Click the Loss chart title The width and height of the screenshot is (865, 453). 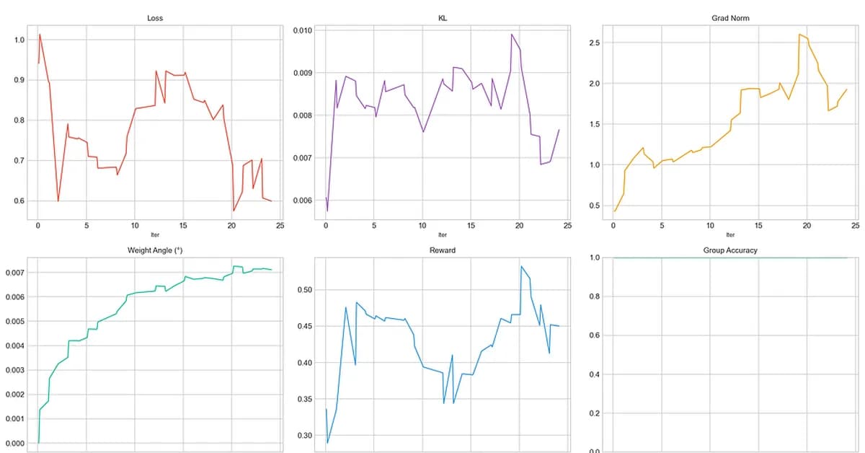pos(154,18)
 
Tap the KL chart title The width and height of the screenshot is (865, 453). pos(442,18)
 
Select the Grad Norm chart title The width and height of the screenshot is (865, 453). pos(730,18)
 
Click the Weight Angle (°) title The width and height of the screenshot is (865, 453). pos(154,250)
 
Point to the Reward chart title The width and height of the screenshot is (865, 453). pos(442,250)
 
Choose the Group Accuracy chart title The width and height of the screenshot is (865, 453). pos(730,250)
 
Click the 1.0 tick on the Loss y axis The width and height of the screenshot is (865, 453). pos(19,40)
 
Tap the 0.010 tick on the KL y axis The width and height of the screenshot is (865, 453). pos(303,30)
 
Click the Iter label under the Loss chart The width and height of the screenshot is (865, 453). pos(154,234)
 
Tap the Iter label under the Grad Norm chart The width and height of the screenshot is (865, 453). pos(730,234)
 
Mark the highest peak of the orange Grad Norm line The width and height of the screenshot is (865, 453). pos(799,34)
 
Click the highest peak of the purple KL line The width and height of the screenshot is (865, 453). pos(512,34)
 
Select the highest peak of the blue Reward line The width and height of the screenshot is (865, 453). pos(520,266)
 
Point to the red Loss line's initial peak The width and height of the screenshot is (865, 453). pos(40,34)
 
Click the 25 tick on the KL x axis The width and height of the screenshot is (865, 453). pos(568,226)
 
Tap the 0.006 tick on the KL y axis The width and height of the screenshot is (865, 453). pos(303,201)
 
